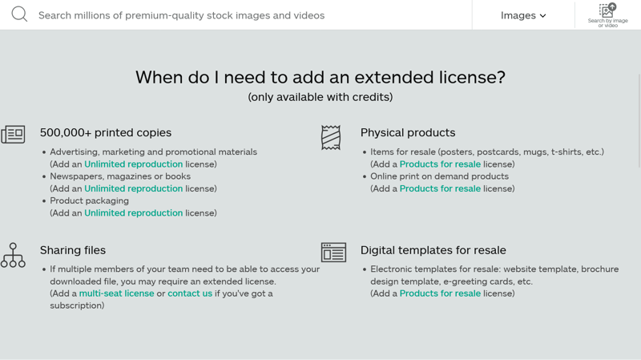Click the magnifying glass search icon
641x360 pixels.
[19, 14]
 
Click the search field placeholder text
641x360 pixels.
[182, 15]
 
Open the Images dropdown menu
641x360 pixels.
[523, 15]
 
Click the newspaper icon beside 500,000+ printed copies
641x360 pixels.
[13, 134]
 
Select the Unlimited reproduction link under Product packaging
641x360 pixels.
[133, 212]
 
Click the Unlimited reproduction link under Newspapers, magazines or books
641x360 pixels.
[133, 188]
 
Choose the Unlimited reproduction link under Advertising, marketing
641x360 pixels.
[133, 164]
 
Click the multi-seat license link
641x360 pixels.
[116, 293]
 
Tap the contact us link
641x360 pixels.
[190, 293]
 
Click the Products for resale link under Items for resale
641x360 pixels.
[440, 164]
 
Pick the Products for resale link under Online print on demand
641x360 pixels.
[440, 188]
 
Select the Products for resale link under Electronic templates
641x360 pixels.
[440, 293]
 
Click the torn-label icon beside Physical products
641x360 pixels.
[331, 137]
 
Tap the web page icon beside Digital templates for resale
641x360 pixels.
[333, 252]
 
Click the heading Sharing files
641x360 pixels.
[73, 250]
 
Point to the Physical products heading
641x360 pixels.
[408, 132]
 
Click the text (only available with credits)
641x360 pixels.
[320, 97]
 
